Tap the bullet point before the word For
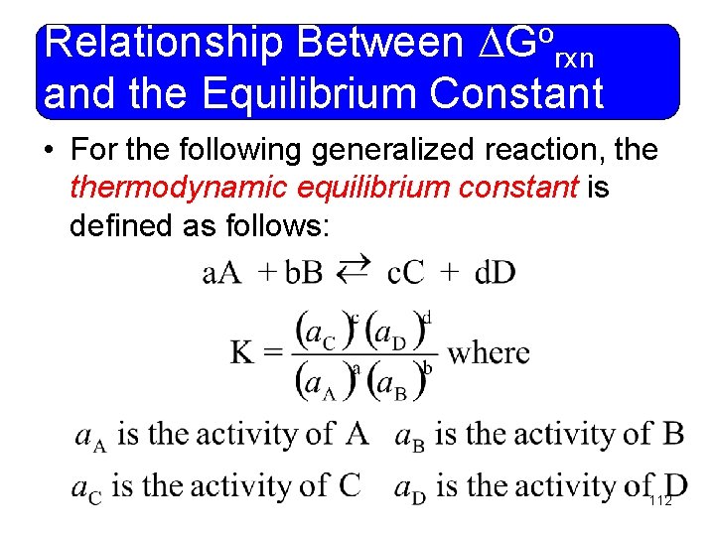(x=49, y=151)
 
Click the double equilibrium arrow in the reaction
(x=355, y=271)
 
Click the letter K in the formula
(x=243, y=353)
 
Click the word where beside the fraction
(x=490, y=353)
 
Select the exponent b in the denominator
(x=427, y=368)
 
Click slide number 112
(x=660, y=501)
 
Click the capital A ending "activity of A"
(x=357, y=434)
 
